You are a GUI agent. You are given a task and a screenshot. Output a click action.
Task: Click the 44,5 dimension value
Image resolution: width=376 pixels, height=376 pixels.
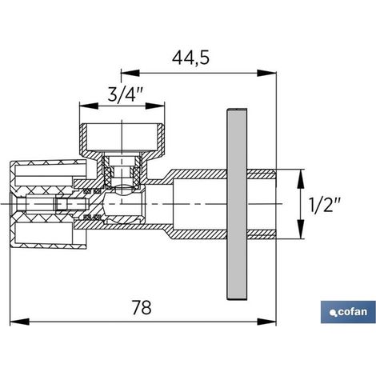click(190, 58)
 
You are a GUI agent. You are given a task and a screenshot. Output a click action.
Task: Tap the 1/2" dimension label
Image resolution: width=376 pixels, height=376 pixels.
click(325, 205)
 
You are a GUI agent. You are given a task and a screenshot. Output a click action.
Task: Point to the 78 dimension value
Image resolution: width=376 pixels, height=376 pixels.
click(142, 307)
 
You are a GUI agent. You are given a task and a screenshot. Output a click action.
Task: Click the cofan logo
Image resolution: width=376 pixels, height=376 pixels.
click(348, 312)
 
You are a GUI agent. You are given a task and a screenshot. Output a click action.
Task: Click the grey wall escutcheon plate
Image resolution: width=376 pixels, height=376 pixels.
click(237, 204)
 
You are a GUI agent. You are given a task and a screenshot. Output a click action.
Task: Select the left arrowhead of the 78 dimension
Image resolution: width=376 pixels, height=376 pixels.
click(19, 322)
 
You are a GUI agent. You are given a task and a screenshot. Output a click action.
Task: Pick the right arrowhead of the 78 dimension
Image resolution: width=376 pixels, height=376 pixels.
click(266, 322)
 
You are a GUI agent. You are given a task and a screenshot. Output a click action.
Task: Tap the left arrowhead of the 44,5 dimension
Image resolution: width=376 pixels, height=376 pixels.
click(130, 73)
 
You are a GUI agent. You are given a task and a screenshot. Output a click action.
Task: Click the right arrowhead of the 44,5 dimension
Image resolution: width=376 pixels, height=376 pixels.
click(266, 73)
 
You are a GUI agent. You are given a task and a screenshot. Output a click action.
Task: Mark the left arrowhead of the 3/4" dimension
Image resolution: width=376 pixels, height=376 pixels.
click(89, 106)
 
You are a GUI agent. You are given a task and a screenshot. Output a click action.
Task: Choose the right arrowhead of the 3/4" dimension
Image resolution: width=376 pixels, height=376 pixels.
click(155, 106)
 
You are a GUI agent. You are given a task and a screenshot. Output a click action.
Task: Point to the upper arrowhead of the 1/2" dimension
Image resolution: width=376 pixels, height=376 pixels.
click(301, 178)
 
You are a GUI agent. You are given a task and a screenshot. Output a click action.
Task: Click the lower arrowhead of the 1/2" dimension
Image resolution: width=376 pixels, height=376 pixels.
click(301, 229)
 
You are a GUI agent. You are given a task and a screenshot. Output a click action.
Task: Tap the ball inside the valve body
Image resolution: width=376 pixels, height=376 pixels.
click(123, 204)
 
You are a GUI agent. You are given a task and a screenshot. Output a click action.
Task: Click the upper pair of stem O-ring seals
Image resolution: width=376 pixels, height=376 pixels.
click(92, 191)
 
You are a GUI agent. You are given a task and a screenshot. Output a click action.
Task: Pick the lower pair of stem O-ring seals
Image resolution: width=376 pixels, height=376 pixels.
click(92, 217)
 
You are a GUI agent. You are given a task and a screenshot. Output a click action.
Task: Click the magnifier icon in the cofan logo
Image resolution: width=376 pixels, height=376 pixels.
click(333, 314)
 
